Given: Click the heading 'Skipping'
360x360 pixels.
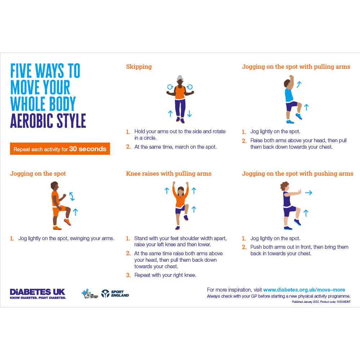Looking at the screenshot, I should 139,67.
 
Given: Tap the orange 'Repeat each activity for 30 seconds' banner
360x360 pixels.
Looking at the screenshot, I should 60,149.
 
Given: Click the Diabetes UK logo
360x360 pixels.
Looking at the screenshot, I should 38,294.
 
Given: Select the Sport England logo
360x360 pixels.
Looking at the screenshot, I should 115,294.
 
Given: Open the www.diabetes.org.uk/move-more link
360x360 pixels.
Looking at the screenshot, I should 304,290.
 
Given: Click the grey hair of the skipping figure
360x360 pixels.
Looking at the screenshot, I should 180,78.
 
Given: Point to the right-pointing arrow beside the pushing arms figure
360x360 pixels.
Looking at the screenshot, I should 308,193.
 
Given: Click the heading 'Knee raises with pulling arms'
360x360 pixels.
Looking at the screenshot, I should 168,174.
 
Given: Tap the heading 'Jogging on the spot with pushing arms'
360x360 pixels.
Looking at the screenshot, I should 297,174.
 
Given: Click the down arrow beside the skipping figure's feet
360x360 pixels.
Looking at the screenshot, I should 189,114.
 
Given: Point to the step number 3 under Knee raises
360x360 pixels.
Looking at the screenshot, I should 128,275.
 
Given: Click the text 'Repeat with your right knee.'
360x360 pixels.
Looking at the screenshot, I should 165,275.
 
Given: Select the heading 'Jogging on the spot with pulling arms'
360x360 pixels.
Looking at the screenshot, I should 296,67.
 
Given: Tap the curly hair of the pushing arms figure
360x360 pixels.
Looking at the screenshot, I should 285,186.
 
